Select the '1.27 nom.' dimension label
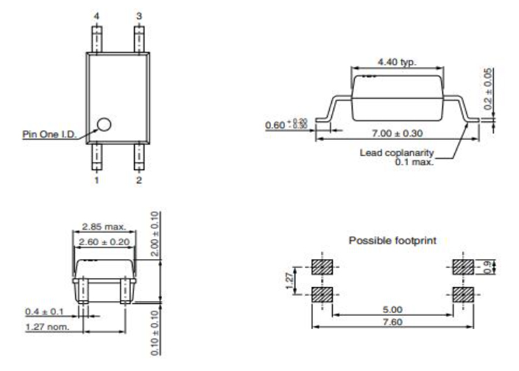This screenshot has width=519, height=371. coord(46,326)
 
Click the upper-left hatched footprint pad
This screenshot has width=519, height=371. coord(322,266)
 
